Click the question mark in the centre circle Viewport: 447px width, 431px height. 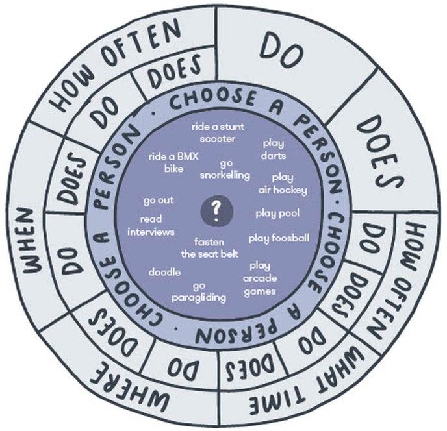click(216, 212)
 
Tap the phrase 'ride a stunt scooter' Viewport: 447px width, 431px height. click(218, 133)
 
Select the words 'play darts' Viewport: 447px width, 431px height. click(274, 149)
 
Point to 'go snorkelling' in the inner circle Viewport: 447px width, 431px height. click(225, 170)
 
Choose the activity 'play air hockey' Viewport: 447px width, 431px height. click(283, 184)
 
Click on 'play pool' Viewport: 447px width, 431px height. click(277, 214)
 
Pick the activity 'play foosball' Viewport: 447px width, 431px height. click(279, 238)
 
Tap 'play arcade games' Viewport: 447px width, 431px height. click(260, 279)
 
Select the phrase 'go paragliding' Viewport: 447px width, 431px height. click(199, 292)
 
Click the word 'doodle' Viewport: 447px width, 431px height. click(164, 272)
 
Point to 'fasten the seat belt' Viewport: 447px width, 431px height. click(209, 248)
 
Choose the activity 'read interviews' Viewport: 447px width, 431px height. click(151, 226)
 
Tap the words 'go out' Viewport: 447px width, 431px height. click(159, 201)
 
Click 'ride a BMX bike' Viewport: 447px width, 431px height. click(173, 163)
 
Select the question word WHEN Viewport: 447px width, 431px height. click(31, 241)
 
